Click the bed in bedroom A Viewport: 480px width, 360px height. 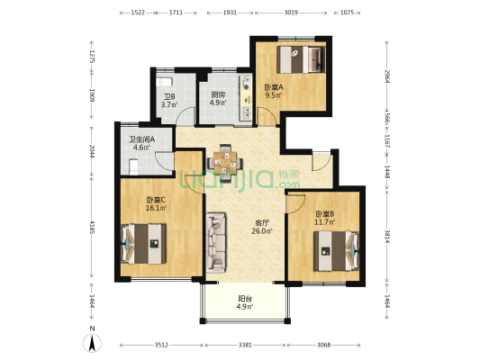pos(301,59)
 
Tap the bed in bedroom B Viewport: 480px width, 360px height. pos(337,251)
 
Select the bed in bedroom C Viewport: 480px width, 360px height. pos(144,244)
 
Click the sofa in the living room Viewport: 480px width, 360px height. pos(216,242)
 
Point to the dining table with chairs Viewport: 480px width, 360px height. pos(225,163)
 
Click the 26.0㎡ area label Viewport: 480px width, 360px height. pos(262,231)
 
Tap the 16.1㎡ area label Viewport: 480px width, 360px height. pos(156,208)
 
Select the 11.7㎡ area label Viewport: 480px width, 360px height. pos(325,222)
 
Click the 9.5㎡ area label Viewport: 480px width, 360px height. pos(274,95)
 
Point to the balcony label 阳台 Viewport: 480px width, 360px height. pos(245,298)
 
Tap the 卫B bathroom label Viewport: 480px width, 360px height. pos(169,97)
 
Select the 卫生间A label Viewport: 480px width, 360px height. pos(141,139)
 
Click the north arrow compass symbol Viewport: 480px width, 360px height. pos(92,343)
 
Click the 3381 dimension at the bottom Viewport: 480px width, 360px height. pos(245,345)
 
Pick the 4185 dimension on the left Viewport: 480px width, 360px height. pos(92,229)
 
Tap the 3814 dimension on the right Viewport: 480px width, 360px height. pos(387,237)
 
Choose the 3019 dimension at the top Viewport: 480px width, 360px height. pos(291,13)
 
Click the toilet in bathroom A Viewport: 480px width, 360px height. pos(134,167)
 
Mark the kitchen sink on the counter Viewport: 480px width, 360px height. pos(246,112)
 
